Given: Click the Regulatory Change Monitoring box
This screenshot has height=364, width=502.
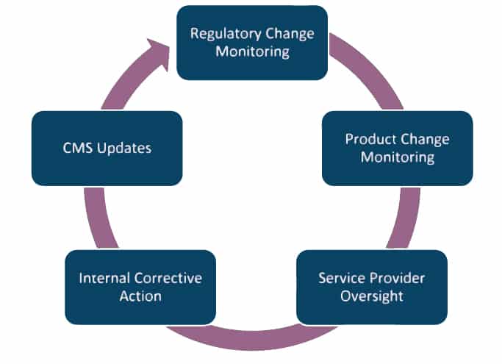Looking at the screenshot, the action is pyautogui.click(x=252, y=43).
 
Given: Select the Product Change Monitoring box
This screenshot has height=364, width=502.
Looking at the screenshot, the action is pyautogui.click(x=398, y=149).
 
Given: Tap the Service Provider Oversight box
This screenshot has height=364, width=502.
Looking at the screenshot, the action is pyautogui.click(x=372, y=287).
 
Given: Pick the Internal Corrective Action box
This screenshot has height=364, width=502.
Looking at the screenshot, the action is pyautogui.click(x=140, y=287).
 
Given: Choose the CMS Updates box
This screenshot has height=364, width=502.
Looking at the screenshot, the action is pyautogui.click(x=107, y=149).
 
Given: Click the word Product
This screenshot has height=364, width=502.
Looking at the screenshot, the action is pyautogui.click(x=370, y=140).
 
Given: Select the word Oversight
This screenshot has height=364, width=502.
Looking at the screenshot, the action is pyautogui.click(x=372, y=296).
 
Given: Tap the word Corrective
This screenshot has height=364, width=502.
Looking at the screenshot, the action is pyautogui.click(x=170, y=278).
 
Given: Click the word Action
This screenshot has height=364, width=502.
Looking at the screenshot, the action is pyautogui.click(x=140, y=296).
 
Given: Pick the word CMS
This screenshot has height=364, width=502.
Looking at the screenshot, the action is pyautogui.click(x=78, y=148).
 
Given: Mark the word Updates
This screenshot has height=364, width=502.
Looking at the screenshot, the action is pyautogui.click(x=124, y=149).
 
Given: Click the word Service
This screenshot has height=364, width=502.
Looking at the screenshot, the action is pyautogui.click(x=340, y=278).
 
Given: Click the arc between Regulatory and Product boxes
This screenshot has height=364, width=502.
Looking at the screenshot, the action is pyautogui.click(x=370, y=67).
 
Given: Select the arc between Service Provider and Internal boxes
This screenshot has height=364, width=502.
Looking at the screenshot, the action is pyautogui.click(x=252, y=340).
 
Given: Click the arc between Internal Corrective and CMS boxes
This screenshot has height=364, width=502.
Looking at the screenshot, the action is pyautogui.click(x=98, y=218).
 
